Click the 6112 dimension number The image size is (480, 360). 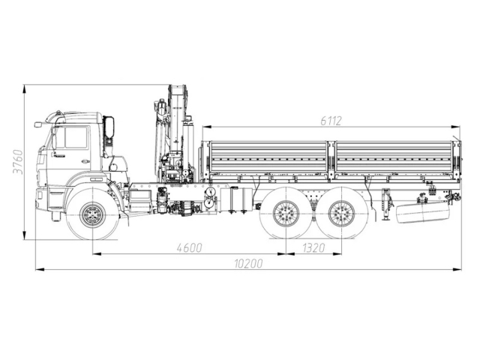[x=331, y=120]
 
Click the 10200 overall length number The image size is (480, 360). [x=248, y=263]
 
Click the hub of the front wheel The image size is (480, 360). [x=92, y=214]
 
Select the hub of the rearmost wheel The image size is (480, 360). [x=343, y=214]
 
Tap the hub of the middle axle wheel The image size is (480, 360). [x=286, y=214]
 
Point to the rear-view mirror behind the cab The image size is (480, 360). [x=109, y=127]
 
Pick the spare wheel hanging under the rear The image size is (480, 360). [x=421, y=212]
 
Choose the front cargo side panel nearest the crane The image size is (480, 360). [x=268, y=160]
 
